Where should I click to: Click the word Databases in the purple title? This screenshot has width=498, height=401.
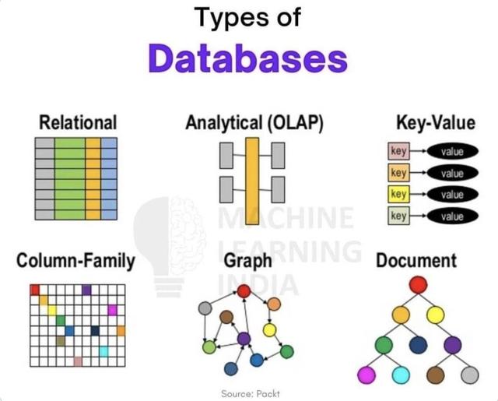[x=247, y=60]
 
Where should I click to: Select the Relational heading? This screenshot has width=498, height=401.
[x=78, y=122]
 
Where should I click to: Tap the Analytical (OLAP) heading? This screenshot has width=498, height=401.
[x=254, y=122]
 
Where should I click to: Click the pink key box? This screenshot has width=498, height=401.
[x=399, y=151]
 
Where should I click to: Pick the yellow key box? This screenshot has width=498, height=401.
[x=399, y=194]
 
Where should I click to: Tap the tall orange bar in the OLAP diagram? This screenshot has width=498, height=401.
[x=252, y=177]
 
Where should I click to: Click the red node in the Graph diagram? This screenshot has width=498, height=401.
[x=243, y=291]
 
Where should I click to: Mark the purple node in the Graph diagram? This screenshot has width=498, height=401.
[x=244, y=339]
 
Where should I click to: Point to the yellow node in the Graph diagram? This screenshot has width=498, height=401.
[x=269, y=329]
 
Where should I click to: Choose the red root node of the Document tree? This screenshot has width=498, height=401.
[x=419, y=284]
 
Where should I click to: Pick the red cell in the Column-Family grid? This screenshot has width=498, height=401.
[x=34, y=290]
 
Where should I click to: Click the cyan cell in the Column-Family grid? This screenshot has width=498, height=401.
[x=103, y=351]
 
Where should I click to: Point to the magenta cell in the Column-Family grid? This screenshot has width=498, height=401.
[x=112, y=310]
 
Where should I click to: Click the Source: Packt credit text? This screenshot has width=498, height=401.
[x=249, y=392]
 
